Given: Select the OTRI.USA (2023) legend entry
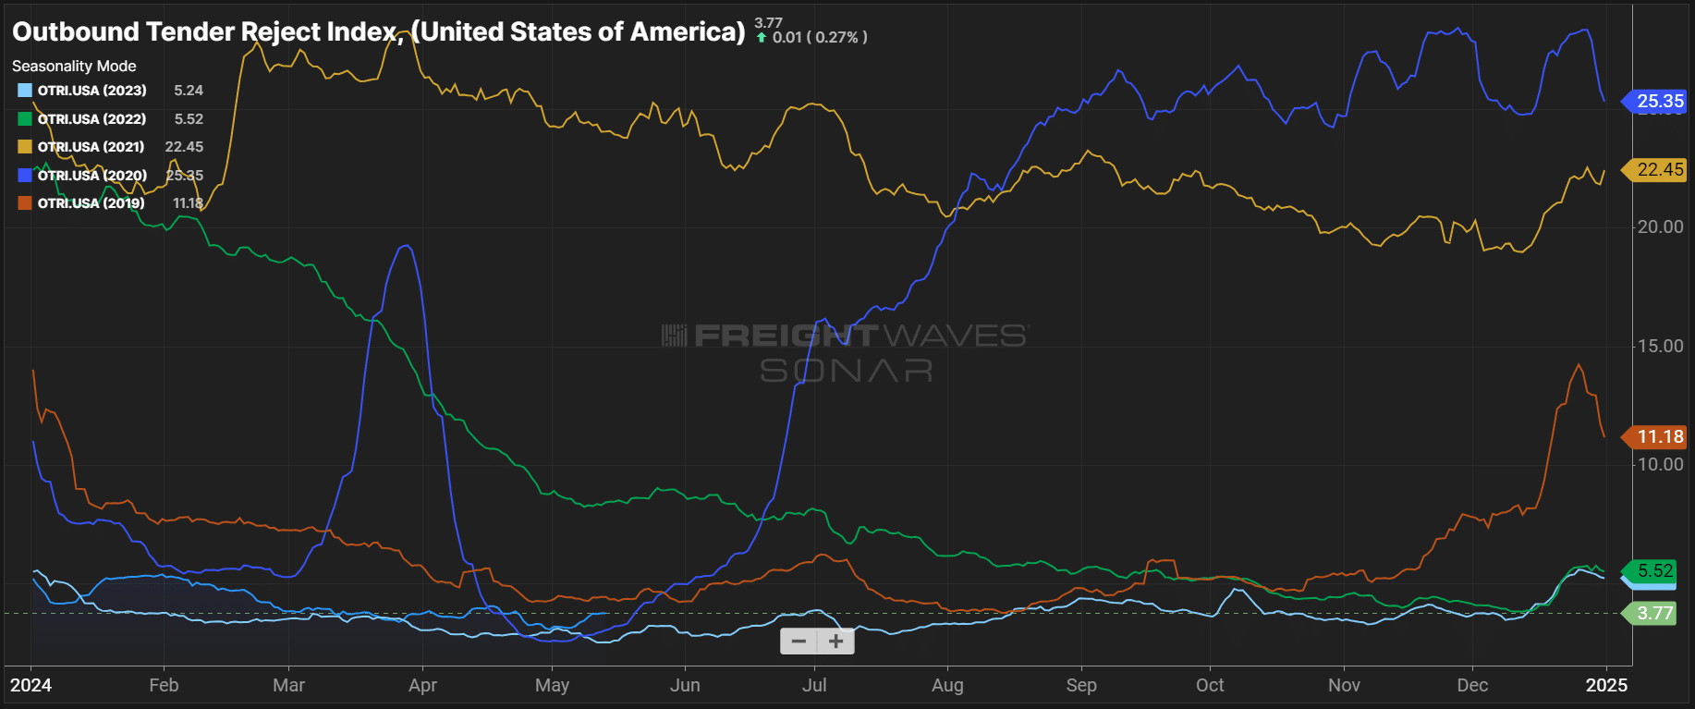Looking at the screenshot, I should (x=91, y=91).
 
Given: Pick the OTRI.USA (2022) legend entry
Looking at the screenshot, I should (x=91, y=119).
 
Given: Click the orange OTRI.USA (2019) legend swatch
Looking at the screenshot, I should (x=25, y=203).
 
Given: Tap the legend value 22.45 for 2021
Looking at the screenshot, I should (x=184, y=147).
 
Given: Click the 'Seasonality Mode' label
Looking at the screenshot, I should (x=74, y=67).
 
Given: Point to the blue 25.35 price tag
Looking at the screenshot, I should (x=1659, y=102).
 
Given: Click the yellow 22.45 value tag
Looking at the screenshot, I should (x=1659, y=170).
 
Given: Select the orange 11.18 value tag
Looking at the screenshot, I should (x=1659, y=436).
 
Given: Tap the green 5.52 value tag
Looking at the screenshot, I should (x=1654, y=570).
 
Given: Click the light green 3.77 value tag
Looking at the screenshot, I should (x=1653, y=613).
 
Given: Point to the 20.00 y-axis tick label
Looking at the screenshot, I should (x=1660, y=227).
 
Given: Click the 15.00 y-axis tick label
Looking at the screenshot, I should (x=1660, y=347).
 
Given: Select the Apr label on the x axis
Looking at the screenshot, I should (x=422, y=685).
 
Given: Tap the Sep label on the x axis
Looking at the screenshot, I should (x=1080, y=685).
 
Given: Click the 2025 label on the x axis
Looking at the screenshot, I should (x=1606, y=685).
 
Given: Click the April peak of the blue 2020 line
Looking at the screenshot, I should (x=405, y=246).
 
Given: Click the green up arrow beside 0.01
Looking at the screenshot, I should (x=762, y=38).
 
